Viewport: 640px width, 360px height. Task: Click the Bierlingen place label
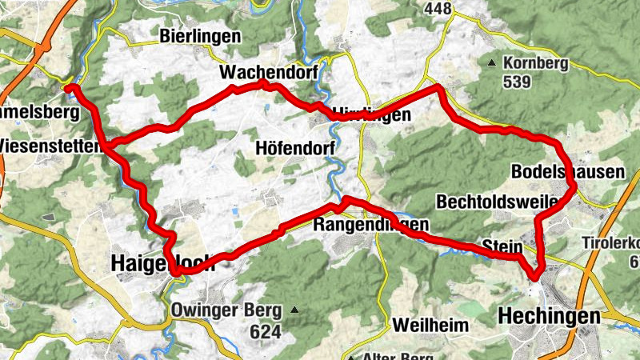pos(200,36)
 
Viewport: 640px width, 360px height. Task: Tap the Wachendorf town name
pos(269,73)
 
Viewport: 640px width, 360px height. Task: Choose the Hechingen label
pos(548,317)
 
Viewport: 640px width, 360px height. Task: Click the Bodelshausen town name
pos(567,172)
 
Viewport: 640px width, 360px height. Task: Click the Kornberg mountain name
pos(535,62)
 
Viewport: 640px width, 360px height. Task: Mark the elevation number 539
pos(518,81)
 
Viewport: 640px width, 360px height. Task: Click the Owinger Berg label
pos(226,310)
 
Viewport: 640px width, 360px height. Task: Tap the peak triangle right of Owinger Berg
pos(295,310)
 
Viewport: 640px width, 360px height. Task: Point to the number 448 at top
pos(438,9)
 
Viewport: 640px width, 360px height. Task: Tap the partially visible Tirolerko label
pos(611,242)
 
